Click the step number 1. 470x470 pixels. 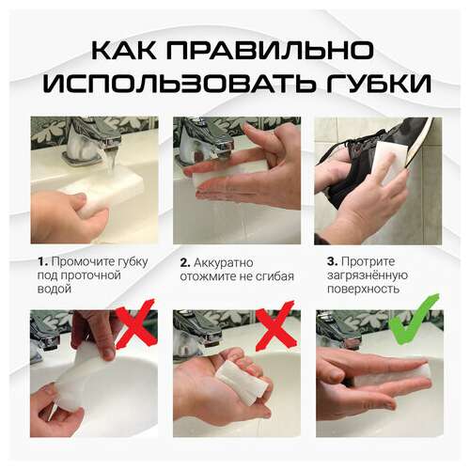coord(42,260)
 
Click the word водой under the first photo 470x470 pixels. coord(55,290)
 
